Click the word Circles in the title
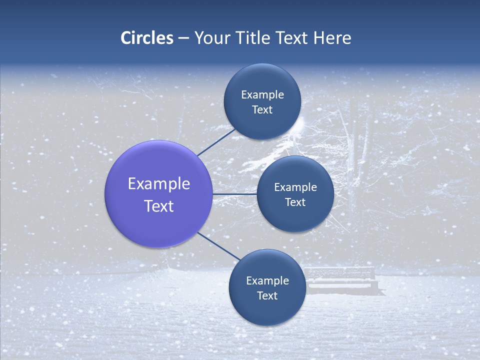(147, 37)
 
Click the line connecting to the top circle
(216, 142)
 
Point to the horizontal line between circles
(235, 194)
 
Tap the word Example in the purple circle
(159, 183)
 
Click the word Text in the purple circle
(159, 206)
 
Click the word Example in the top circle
(262, 94)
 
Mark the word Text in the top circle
(262, 109)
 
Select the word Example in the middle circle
(295, 187)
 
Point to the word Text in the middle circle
(295, 202)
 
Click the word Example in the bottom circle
(267, 280)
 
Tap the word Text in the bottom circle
(267, 295)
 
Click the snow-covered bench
(342, 280)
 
